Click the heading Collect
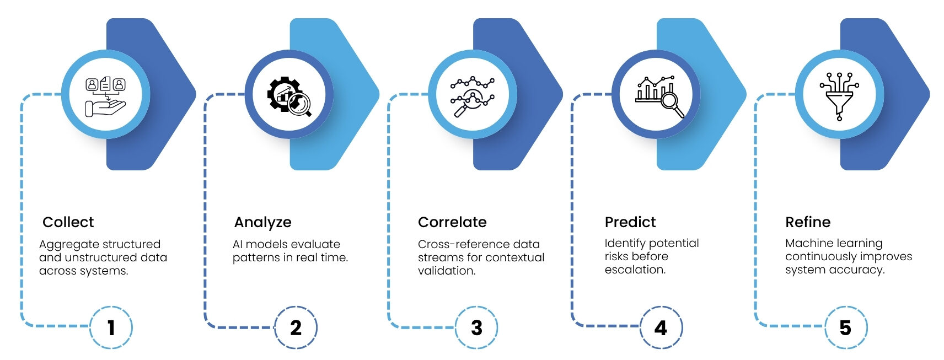68,222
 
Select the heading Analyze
262,223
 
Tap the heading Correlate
452,222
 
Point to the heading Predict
630,222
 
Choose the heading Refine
808,222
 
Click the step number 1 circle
111,327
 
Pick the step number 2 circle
296,327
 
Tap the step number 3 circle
476,327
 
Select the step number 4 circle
661,327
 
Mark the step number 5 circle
845,327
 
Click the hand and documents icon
106,96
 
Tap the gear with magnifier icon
289,96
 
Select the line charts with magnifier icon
473,96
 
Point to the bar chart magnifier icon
659,96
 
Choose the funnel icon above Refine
839,96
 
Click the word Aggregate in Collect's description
68,245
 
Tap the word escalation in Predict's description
635,270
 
